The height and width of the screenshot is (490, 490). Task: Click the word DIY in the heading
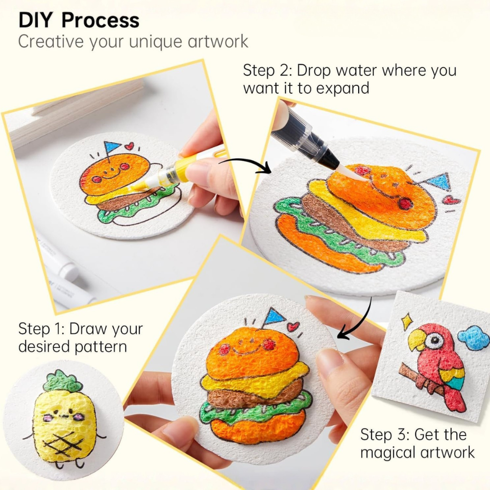coord(36,20)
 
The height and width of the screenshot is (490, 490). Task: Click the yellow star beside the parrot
coord(407,321)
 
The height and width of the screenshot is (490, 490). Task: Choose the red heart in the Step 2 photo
coord(451,199)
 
